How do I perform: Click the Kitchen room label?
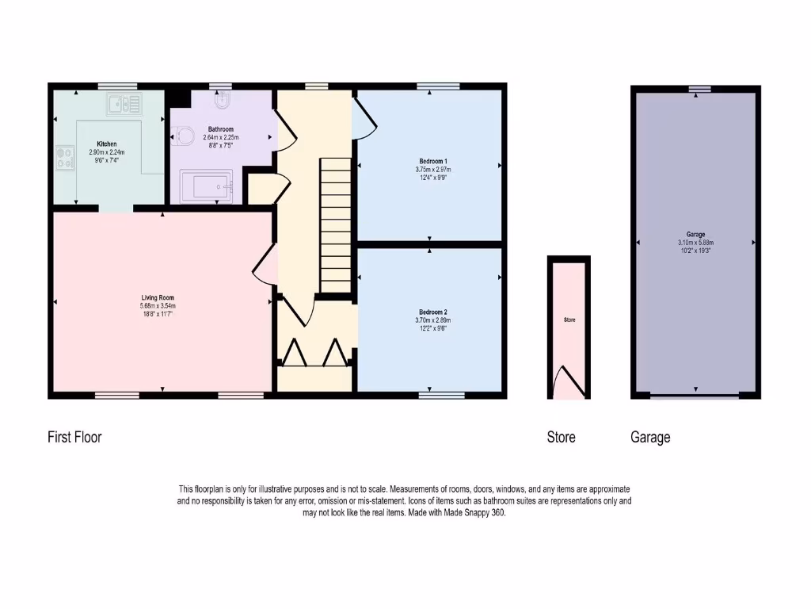click(107, 144)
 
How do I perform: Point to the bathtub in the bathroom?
click(207, 186)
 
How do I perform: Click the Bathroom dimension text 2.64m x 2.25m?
click(220, 137)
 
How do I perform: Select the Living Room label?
click(155, 298)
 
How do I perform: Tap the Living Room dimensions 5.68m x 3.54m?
click(155, 306)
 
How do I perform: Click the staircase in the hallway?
click(335, 225)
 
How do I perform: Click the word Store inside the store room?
click(569, 320)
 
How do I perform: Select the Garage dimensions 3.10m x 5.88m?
click(695, 243)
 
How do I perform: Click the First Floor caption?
click(74, 437)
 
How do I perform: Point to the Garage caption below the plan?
click(650, 437)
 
